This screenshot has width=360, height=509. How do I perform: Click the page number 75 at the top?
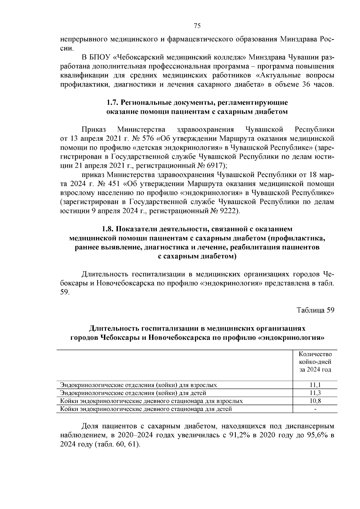click(197, 25)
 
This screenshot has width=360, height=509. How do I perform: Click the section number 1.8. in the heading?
click(107, 229)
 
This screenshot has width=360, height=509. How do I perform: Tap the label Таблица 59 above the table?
click(315, 310)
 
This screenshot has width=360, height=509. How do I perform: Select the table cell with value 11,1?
click(315, 385)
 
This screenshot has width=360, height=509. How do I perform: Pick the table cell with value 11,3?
click(315, 393)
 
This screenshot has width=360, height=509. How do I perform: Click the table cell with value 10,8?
click(315, 401)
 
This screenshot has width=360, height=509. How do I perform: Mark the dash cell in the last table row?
click(315, 409)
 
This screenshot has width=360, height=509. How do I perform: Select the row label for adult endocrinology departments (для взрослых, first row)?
click(138, 385)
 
